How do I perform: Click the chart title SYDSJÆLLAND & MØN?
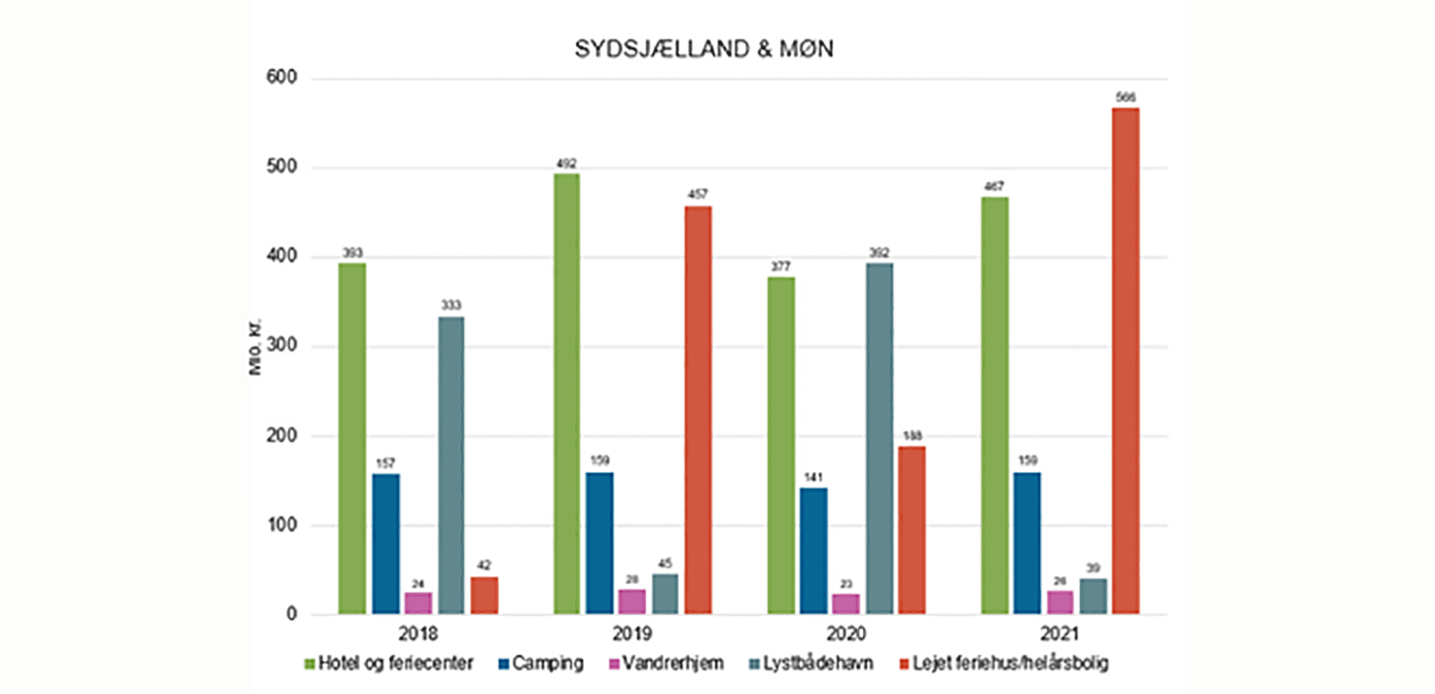pyautogui.click(x=704, y=50)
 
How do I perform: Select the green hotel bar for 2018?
pyautogui.click(x=352, y=439)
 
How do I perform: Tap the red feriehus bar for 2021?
pyautogui.click(x=1125, y=361)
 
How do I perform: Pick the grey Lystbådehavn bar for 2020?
pyautogui.click(x=879, y=439)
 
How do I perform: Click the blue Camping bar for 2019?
pyautogui.click(x=599, y=544)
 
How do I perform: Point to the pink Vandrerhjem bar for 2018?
pyautogui.click(x=418, y=604)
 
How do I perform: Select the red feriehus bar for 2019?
pyautogui.click(x=697, y=410)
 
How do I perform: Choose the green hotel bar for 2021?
pyautogui.click(x=995, y=406)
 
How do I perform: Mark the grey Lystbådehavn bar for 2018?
pyautogui.click(x=450, y=465)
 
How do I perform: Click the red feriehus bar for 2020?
pyautogui.click(x=911, y=530)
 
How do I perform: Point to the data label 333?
pyautogui.click(x=450, y=305)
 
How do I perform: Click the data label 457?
pyautogui.click(x=697, y=194)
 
